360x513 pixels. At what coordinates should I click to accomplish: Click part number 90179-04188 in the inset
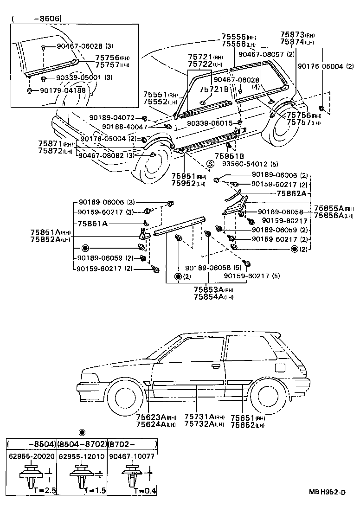(63, 90)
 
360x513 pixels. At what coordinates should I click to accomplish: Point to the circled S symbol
(210, 164)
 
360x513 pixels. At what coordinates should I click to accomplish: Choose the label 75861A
(93, 223)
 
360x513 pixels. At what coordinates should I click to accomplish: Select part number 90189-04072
(112, 118)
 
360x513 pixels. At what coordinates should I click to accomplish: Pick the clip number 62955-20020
(32, 456)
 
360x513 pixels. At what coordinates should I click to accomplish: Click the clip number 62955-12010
(82, 456)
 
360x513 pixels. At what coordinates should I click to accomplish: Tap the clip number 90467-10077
(132, 456)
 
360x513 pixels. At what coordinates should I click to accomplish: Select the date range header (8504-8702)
(82, 444)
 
